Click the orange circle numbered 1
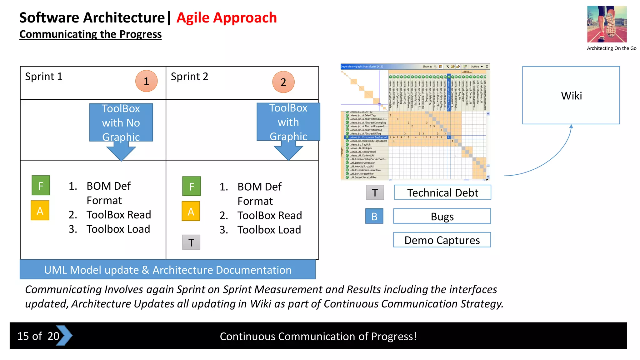pyautogui.click(x=146, y=81)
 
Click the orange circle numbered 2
pyautogui.click(x=283, y=82)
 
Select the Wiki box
pyautogui.click(x=571, y=95)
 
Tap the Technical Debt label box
pyautogui.click(x=442, y=192)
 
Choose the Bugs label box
pyautogui.click(x=442, y=216)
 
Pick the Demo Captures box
pyautogui.click(x=442, y=240)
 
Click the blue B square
pyautogui.click(x=374, y=216)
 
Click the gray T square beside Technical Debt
pyautogui.click(x=375, y=192)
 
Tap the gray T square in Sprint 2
pyautogui.click(x=191, y=242)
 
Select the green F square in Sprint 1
pyautogui.click(x=41, y=186)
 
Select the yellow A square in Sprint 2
pyautogui.click(x=191, y=212)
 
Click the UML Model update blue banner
pyautogui.click(x=167, y=270)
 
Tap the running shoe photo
pyautogui.click(x=607, y=24)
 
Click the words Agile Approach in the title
pyautogui.click(x=227, y=17)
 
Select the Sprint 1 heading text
pyautogui.click(x=44, y=77)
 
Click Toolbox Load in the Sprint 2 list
pyautogui.click(x=269, y=230)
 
